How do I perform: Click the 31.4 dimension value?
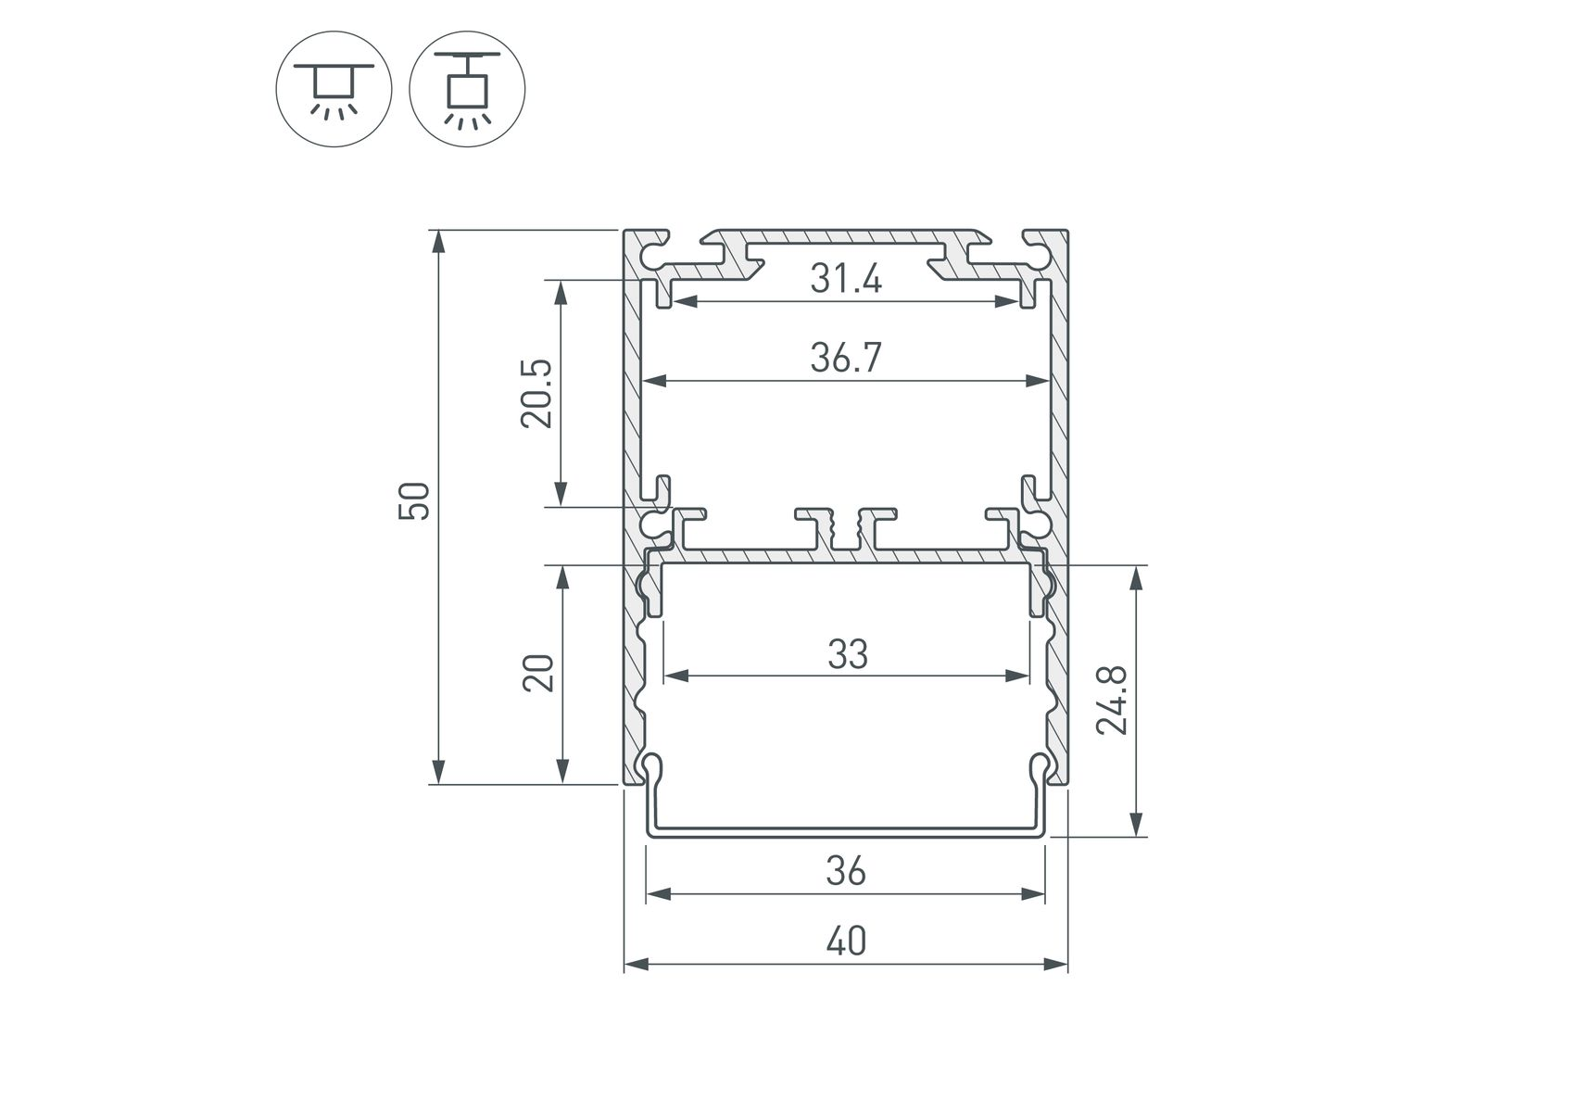[846, 278]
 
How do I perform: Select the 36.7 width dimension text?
[846, 357]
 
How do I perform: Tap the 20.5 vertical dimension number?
[536, 393]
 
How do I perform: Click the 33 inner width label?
[848, 654]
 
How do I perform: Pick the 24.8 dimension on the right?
[1111, 701]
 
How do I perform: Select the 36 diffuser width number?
[846, 871]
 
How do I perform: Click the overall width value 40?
[846, 941]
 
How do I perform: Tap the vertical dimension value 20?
[538, 673]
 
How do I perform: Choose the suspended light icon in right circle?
[467, 89]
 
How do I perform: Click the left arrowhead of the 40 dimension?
[637, 964]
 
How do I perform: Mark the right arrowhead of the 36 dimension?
[1032, 893]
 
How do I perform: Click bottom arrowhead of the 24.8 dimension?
[1138, 824]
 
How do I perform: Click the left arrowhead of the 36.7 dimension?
[656, 380]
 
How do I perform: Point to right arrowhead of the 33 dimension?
[1017, 676]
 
